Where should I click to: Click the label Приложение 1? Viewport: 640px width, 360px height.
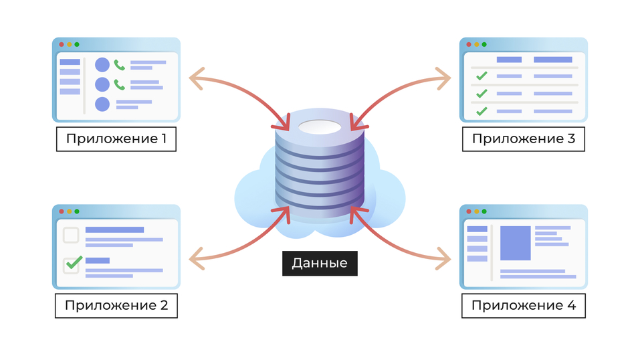coord(116,139)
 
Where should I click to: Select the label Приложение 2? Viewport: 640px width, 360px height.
coord(116,306)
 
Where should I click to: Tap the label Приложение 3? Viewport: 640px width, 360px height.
coord(523,139)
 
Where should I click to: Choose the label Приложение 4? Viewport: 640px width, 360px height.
coord(523,306)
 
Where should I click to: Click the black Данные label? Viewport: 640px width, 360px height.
coord(320,263)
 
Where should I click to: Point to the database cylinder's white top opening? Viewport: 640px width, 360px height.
coord(320,127)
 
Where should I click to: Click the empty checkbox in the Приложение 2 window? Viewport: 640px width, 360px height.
coord(71,235)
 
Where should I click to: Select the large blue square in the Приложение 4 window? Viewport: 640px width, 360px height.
coord(516,243)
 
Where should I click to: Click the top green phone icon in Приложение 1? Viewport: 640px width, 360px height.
coord(120,65)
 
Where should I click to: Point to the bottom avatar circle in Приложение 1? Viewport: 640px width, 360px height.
coord(102,104)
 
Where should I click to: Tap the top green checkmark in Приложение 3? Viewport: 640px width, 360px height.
coord(481,76)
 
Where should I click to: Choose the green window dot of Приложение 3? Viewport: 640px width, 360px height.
coord(484,44)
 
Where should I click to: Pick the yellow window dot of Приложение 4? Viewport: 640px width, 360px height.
coord(476,211)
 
